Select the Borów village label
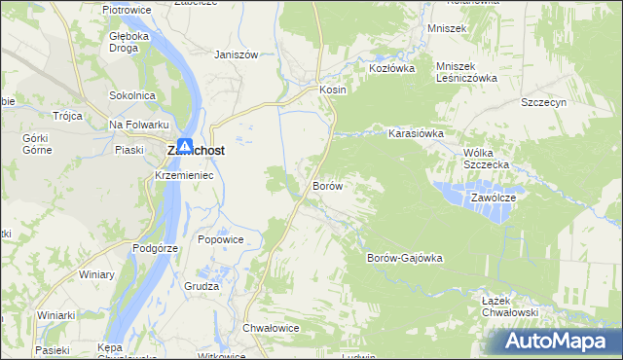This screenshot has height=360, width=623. click(x=326, y=185)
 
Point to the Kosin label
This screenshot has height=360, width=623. click(x=333, y=89)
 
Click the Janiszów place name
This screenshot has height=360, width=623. click(x=236, y=55)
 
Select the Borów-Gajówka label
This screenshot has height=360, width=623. click(x=404, y=258)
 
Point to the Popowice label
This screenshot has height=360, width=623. click(x=220, y=239)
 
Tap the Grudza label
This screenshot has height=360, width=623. click(x=202, y=287)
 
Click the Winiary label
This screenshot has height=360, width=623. click(x=96, y=275)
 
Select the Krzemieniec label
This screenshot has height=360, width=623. click(x=184, y=175)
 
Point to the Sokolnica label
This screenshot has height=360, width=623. click(x=133, y=95)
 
